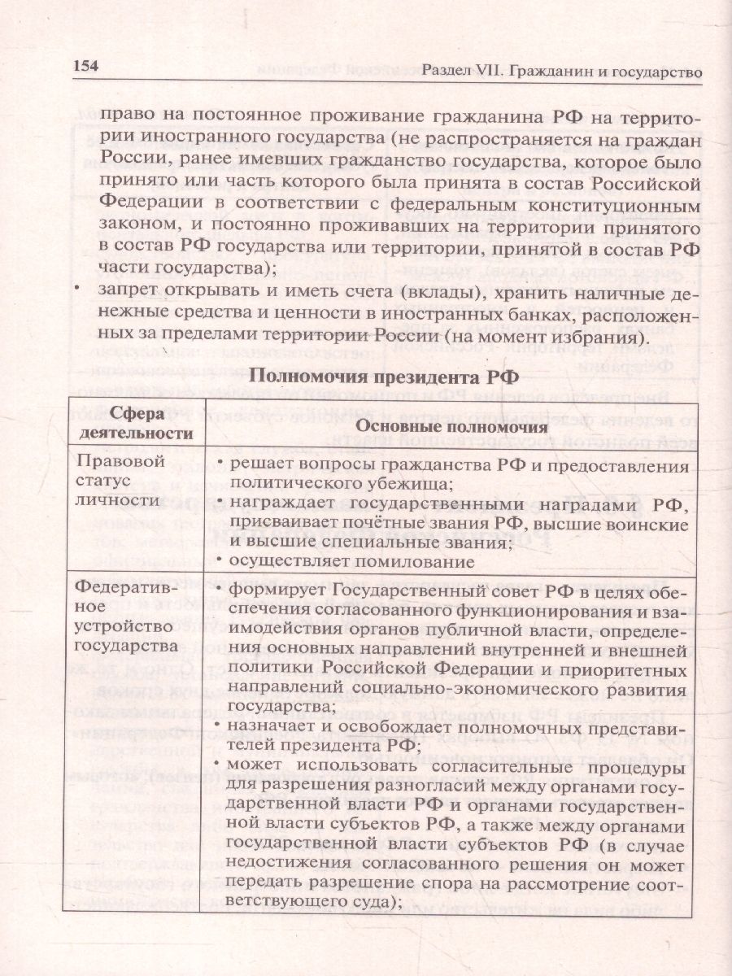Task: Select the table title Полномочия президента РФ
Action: (381, 376)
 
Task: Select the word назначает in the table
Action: (276, 725)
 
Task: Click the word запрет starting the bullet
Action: (127, 294)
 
